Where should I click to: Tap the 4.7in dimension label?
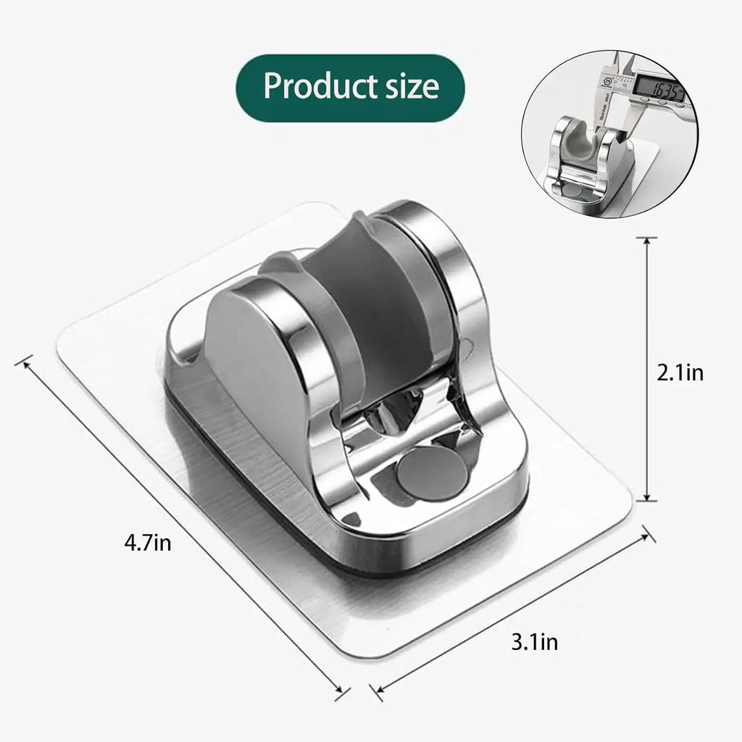pos(148,542)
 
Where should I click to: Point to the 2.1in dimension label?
pos(679,372)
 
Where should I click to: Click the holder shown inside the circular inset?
pos(587,156)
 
